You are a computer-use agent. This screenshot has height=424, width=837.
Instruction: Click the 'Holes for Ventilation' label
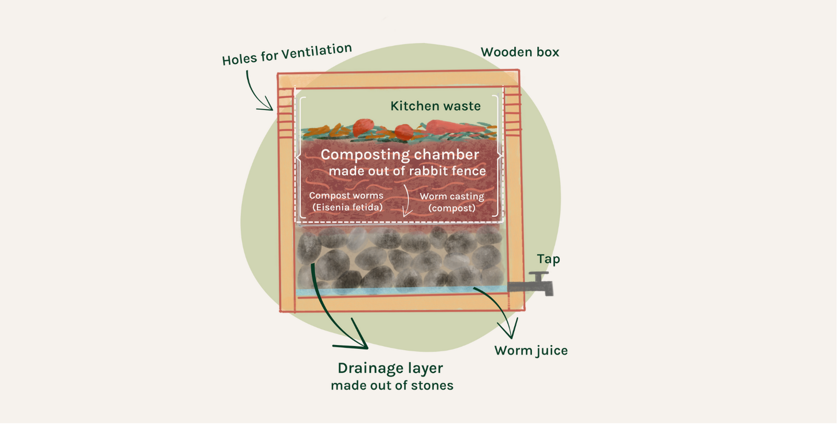287,54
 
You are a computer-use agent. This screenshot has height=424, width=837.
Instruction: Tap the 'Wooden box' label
519,52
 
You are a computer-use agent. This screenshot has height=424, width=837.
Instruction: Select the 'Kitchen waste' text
435,106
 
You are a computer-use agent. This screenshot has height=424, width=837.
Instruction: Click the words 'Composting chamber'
400,155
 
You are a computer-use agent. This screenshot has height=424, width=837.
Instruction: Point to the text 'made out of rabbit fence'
407,171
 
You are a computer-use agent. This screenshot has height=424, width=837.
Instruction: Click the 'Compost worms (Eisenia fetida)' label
346,201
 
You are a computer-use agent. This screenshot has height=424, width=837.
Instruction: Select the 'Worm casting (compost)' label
452,202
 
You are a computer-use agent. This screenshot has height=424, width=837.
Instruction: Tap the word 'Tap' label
548,259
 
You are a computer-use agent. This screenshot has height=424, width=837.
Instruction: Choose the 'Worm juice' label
531,350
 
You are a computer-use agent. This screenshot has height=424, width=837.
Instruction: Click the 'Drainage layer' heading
390,368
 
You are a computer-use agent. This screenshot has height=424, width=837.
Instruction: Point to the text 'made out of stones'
392,386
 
